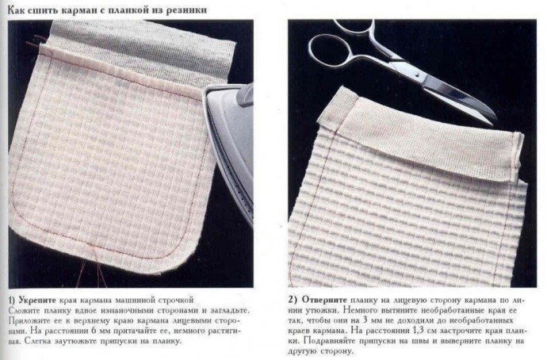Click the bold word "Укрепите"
(37, 301)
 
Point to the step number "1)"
(12, 301)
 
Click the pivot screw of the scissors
(418, 74)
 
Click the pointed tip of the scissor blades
(495, 117)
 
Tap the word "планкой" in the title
(129, 10)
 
